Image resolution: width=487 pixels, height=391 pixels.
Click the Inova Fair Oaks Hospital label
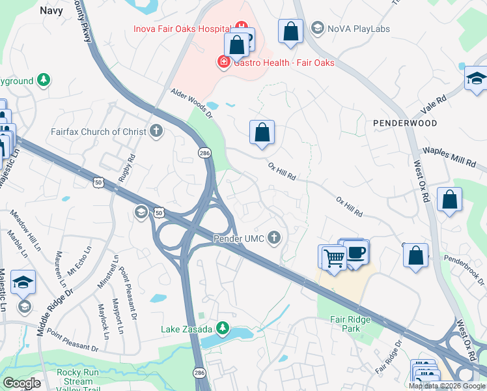(182, 29)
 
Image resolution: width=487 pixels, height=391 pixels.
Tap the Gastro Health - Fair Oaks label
(284, 63)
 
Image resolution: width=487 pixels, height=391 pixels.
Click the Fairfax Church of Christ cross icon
(156, 131)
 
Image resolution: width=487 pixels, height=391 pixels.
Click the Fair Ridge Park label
(350, 324)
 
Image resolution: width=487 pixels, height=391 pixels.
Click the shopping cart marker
(334, 257)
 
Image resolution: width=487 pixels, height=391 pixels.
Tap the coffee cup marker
(355, 252)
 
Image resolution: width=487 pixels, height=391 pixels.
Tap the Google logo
(21, 383)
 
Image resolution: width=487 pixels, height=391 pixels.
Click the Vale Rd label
(435, 102)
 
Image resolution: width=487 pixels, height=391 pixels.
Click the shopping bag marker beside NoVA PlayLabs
(291, 31)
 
